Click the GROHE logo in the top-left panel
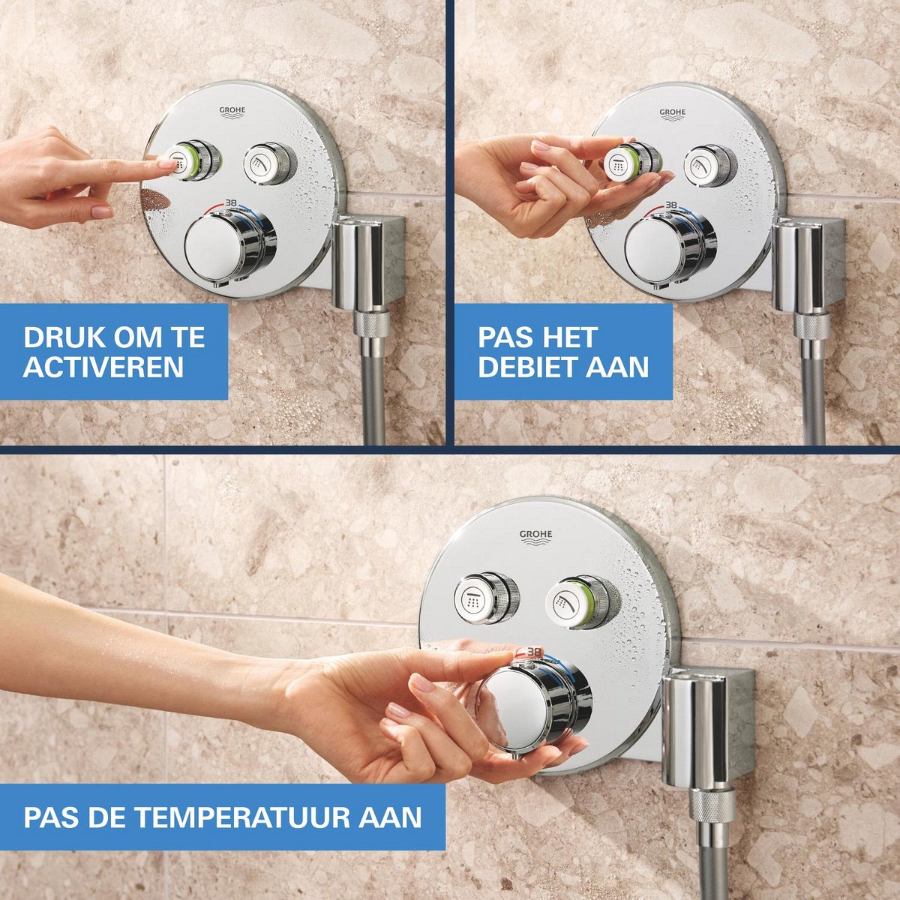pos(232,113)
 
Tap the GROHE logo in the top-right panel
pos(672,115)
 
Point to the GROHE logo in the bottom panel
pos(535,537)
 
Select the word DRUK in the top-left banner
pos(55,337)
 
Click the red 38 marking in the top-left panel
pos(231,202)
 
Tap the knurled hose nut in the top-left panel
pos(371,325)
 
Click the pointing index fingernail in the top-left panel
pos(167,163)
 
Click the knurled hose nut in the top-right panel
pos(812,326)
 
